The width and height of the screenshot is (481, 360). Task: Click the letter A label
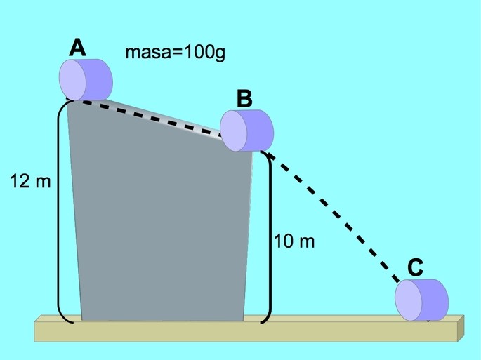click(x=77, y=48)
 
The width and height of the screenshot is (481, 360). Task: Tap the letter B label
click(x=244, y=99)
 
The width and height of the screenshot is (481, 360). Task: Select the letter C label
click(x=416, y=267)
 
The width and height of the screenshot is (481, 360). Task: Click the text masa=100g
click(x=175, y=53)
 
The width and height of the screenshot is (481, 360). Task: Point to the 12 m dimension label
click(x=30, y=181)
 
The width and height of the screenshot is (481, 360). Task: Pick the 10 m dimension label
click(x=294, y=241)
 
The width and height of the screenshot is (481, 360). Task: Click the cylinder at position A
click(x=86, y=80)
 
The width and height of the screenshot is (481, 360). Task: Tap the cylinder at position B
click(x=247, y=131)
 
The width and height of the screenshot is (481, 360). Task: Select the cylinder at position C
click(x=421, y=300)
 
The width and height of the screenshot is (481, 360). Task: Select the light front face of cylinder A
click(x=72, y=80)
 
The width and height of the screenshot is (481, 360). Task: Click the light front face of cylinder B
click(x=233, y=131)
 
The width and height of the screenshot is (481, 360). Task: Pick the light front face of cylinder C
click(x=408, y=300)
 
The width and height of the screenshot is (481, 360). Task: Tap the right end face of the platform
click(x=461, y=328)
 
